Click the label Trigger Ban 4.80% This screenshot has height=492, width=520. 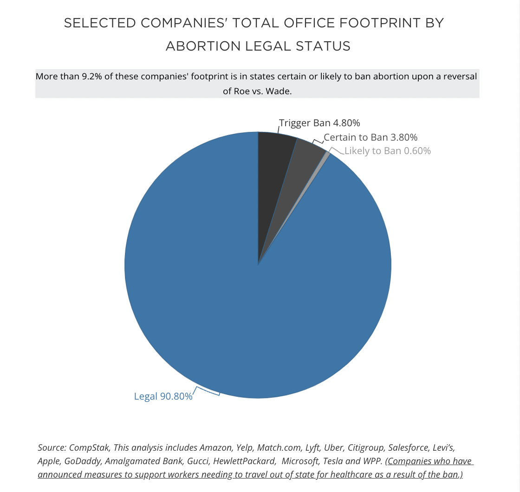click(x=319, y=123)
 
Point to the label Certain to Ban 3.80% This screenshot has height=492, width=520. click(x=370, y=137)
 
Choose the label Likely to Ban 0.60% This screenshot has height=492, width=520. click(x=388, y=151)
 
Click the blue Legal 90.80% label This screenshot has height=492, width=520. click(x=163, y=396)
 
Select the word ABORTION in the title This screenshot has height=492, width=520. click(x=203, y=46)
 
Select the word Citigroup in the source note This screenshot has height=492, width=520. click(x=366, y=447)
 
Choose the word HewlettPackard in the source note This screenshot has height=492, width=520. click(x=244, y=461)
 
